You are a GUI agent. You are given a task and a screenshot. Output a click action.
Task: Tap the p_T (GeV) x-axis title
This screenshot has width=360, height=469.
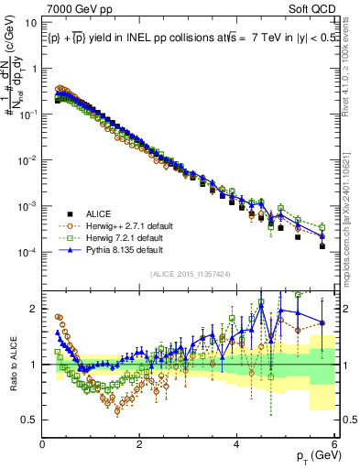click(315, 456)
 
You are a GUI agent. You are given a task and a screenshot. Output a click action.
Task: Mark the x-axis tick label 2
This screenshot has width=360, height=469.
click(140, 442)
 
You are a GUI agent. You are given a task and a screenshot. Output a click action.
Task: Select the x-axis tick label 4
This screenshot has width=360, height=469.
click(237, 442)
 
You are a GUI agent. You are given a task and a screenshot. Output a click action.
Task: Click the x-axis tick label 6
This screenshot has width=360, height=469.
click(334, 442)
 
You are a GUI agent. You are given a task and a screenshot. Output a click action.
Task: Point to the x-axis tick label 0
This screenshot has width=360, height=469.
click(43, 442)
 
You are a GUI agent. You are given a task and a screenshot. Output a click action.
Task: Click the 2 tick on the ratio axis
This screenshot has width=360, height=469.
click(34, 308)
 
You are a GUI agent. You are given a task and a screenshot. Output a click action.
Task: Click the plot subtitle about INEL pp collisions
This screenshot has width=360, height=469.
click(183, 38)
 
